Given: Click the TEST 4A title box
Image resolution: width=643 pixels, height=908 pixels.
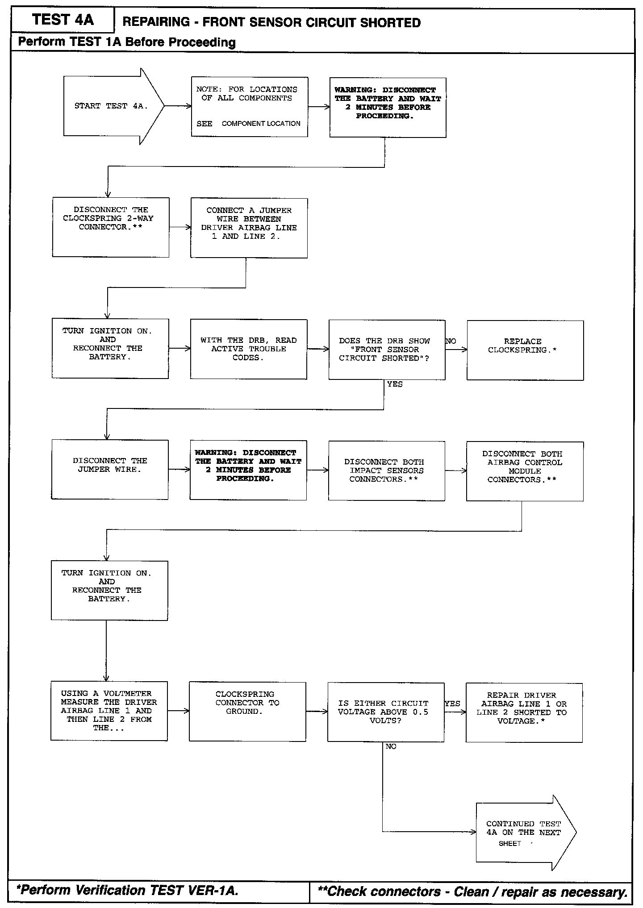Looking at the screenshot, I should pyautogui.click(x=63, y=20).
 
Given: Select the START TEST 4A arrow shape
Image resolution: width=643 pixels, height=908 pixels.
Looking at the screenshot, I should pyautogui.click(x=112, y=106).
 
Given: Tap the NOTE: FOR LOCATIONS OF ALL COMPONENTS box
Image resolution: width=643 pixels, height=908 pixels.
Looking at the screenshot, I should pyautogui.click(x=249, y=107).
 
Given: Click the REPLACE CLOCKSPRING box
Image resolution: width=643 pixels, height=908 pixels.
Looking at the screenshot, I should pyautogui.click(x=525, y=350).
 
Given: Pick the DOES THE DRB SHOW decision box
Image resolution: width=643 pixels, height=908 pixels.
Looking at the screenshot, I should pyautogui.click(x=387, y=350).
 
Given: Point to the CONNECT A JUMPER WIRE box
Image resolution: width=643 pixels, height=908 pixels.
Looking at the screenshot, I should pyautogui.click(x=249, y=228).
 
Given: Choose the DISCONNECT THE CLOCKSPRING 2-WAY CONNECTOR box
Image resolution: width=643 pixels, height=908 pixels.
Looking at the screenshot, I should pyautogui.click(x=110, y=227).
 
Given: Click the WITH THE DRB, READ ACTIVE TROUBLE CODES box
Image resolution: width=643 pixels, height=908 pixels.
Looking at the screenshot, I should pyautogui.click(x=248, y=349).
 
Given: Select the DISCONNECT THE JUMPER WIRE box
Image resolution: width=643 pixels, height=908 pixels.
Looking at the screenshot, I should pyautogui.click(x=110, y=469).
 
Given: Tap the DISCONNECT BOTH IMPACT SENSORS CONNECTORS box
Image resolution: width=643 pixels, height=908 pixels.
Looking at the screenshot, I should pyautogui.click(x=387, y=471).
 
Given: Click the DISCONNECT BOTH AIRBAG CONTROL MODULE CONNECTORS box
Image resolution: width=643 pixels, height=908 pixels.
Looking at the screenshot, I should pyautogui.click(x=525, y=471).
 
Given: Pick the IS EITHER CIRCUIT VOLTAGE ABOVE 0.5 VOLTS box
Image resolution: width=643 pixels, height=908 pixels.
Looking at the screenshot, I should pyautogui.click(x=386, y=712).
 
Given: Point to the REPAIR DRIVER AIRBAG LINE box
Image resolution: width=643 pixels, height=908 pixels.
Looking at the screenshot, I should pyautogui.click(x=524, y=712).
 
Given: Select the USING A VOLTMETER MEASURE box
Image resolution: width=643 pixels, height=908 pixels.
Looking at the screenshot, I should pyautogui.click(x=109, y=711).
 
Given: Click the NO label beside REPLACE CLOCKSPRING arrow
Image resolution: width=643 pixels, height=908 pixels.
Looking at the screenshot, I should pyautogui.click(x=451, y=341).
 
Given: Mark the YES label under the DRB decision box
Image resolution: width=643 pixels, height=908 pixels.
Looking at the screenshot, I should pyautogui.click(x=395, y=384).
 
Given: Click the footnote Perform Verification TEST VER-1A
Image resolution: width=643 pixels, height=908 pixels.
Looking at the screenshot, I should pyautogui.click(x=127, y=890).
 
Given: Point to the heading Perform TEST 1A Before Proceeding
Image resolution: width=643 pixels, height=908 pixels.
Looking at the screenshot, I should pyautogui.click(x=127, y=42).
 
